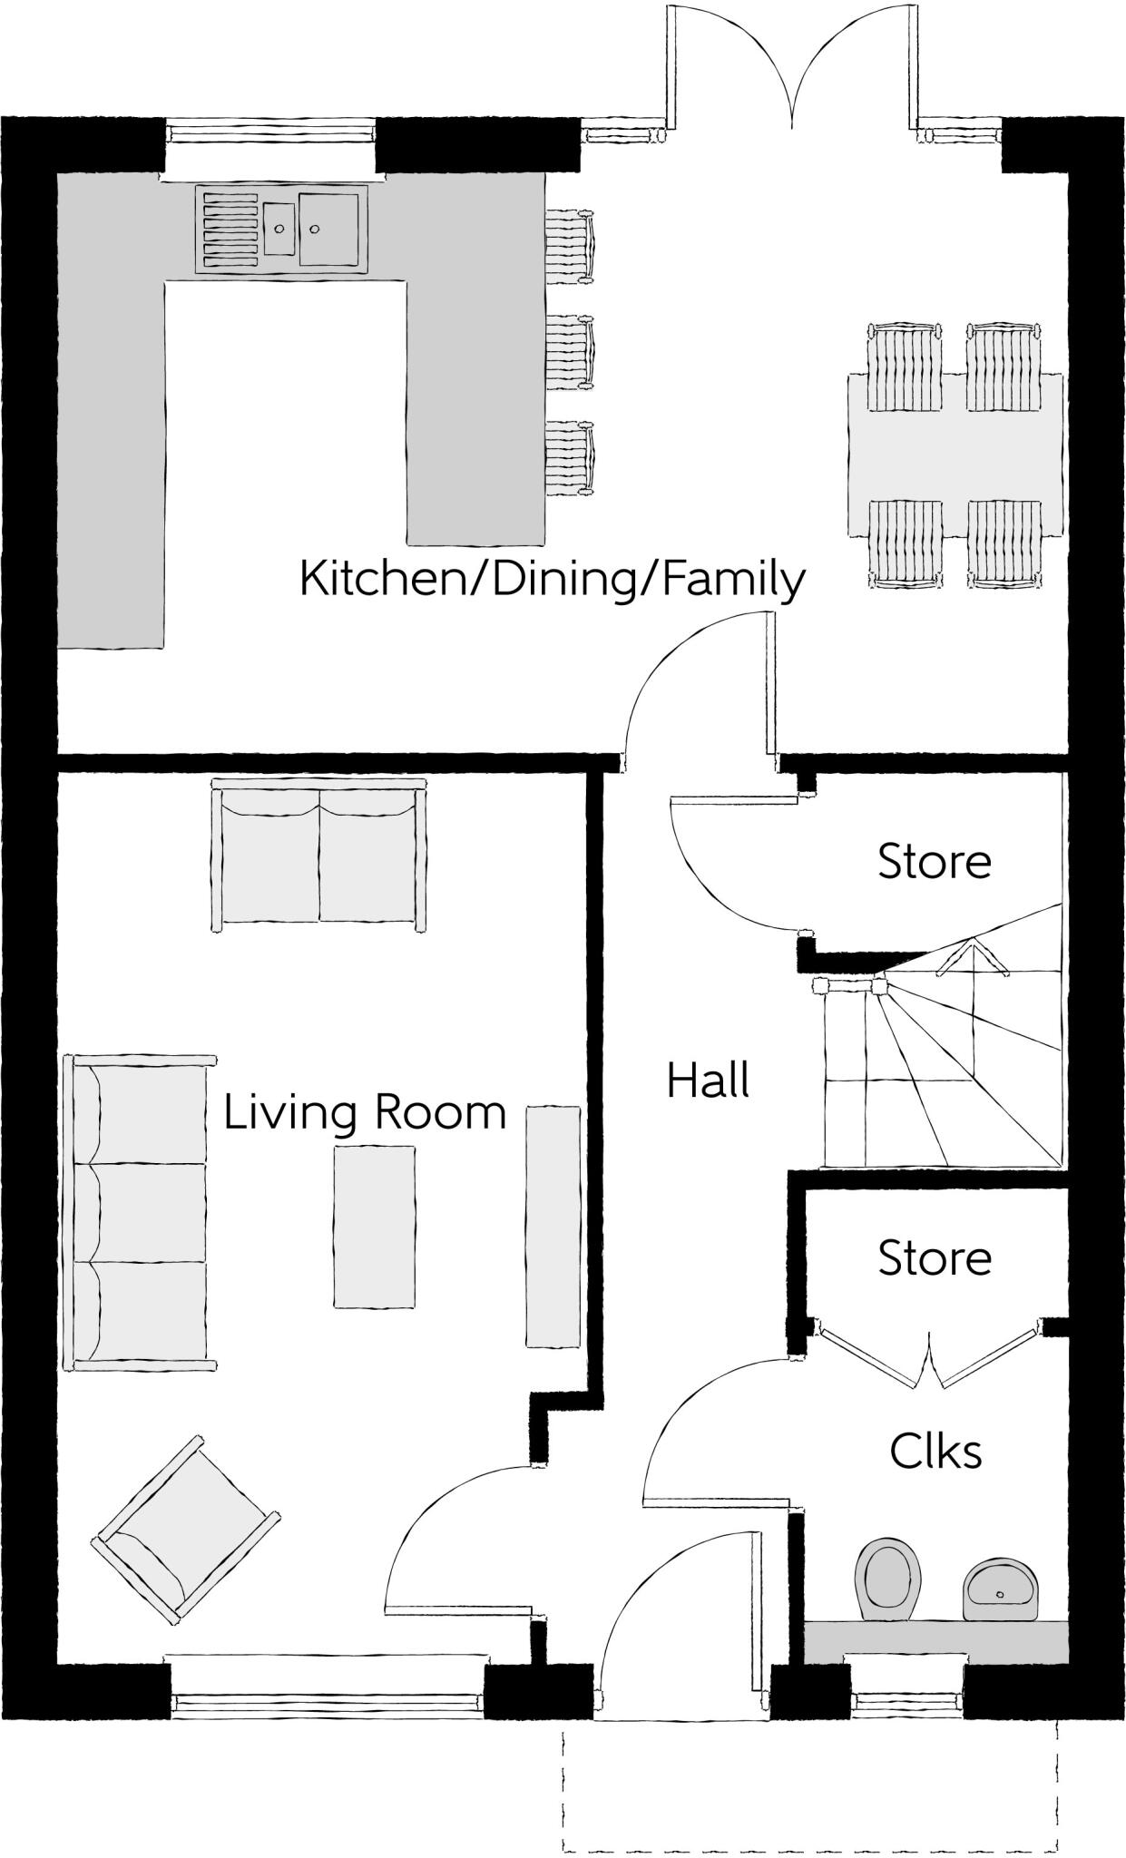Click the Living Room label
365,1112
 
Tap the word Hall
708,1081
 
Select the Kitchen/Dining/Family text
553,579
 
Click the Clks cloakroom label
935,1451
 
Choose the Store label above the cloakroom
935,1257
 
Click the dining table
955,455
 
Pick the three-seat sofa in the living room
141,1212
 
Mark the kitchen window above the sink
270,134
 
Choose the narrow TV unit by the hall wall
553,1226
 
